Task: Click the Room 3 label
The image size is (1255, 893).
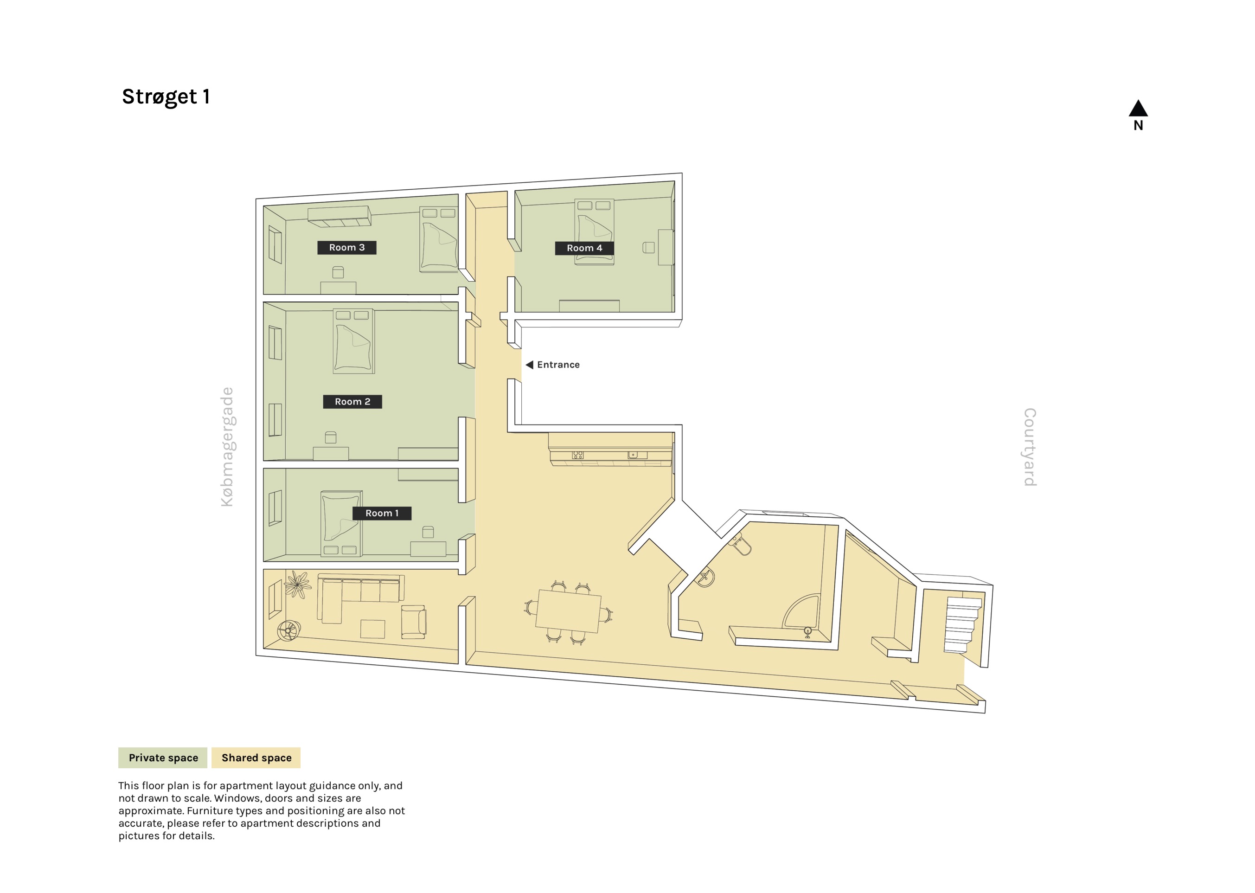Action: (346, 247)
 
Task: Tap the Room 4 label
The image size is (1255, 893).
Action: (584, 248)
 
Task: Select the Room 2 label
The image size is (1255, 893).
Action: (352, 401)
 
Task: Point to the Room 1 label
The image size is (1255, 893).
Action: (382, 513)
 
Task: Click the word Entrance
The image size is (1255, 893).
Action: (558, 365)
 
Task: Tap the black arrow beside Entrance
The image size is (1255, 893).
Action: (529, 365)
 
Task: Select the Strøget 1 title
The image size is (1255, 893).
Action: (166, 97)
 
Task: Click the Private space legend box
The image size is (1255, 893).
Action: (163, 757)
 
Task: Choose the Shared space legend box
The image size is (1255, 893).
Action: (256, 757)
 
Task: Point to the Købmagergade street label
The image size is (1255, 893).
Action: (227, 446)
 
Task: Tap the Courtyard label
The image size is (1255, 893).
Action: (1030, 446)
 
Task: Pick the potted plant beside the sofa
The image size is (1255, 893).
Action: (297, 584)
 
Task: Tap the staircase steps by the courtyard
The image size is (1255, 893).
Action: (962, 624)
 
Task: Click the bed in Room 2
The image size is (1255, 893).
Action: (353, 341)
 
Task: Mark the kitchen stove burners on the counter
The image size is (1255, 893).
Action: (577, 455)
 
